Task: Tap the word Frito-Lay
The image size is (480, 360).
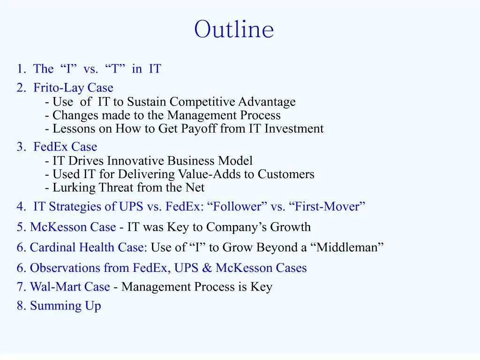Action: (x=59, y=88)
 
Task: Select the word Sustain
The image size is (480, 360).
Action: (x=147, y=102)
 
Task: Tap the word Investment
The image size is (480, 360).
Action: (x=294, y=128)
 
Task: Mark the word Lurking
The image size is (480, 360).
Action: (x=74, y=188)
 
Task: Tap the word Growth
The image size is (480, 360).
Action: (x=290, y=227)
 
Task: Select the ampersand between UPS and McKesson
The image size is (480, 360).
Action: (x=207, y=268)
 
